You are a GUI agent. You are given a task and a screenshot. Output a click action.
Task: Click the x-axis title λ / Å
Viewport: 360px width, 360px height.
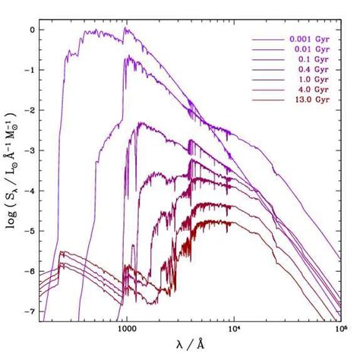point(193,348)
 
